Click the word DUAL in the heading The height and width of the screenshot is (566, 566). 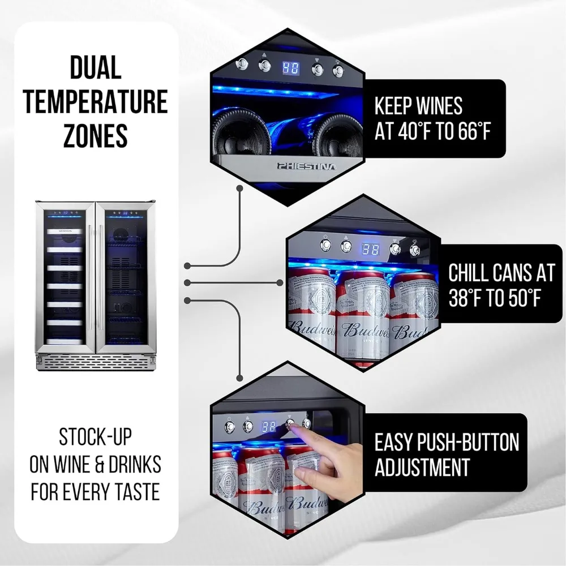[96, 68]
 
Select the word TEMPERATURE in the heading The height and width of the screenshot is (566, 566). [96, 101]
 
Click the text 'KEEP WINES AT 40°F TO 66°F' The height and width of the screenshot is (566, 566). [432, 118]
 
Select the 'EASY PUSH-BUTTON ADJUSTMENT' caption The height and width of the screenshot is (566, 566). [447, 454]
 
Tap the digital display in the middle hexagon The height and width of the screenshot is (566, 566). [371, 248]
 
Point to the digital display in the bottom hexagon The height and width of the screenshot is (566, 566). [269, 427]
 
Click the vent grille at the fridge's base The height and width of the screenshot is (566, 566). [95, 361]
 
